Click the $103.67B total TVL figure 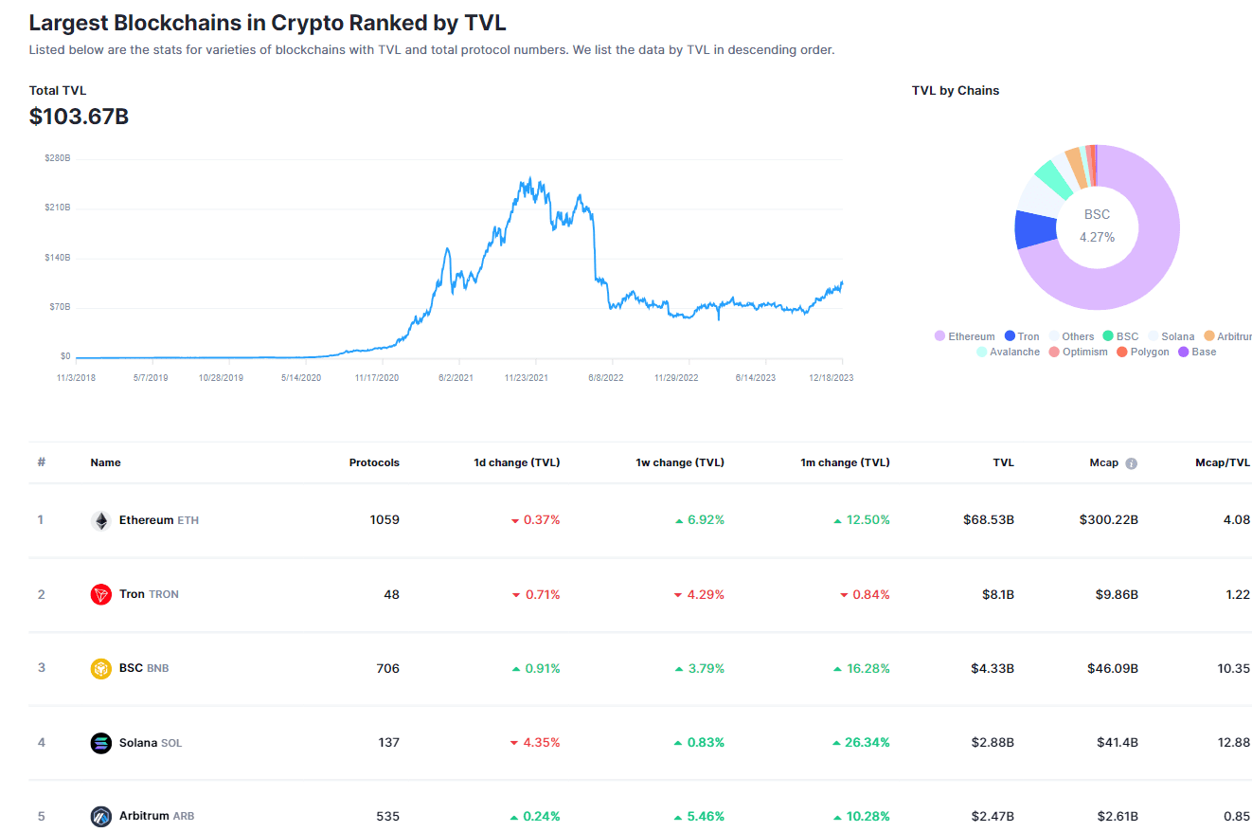[x=79, y=118]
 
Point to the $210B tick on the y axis [x=58, y=208]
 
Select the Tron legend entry [x=1022, y=336]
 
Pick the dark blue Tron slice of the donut [x=1034, y=229]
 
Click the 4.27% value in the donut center [x=1097, y=237]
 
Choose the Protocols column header [x=374, y=462]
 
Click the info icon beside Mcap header [x=1131, y=463]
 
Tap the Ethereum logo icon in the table [x=101, y=520]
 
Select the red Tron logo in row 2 [x=101, y=594]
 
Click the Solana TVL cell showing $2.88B [x=992, y=742]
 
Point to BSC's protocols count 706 [x=387, y=668]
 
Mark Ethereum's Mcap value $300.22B [x=1108, y=519]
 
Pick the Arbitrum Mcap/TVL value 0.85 [x=1237, y=816]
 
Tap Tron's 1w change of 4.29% [x=700, y=594]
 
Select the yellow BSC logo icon [x=101, y=668]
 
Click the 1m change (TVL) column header [x=845, y=462]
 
